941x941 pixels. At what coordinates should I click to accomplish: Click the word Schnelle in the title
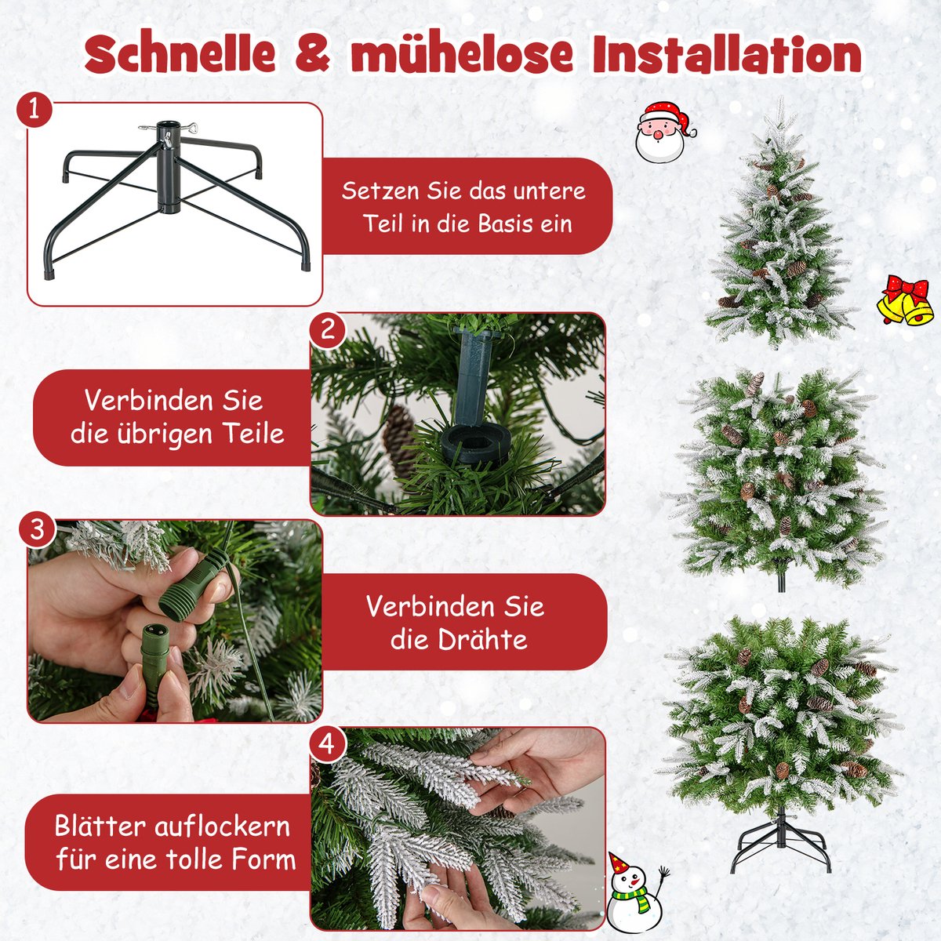180,55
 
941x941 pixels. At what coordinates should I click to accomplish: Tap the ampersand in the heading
313,55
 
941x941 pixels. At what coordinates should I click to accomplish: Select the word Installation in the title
727,55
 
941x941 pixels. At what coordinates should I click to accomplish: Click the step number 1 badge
34,110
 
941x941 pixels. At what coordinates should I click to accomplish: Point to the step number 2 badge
328,329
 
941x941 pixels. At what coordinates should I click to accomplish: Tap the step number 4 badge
327,745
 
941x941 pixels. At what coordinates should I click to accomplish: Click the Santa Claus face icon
664,132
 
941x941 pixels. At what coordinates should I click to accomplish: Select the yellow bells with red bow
905,300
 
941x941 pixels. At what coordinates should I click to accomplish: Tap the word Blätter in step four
100,827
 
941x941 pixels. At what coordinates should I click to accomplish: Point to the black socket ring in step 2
473,443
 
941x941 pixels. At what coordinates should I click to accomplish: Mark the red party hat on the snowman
618,863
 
